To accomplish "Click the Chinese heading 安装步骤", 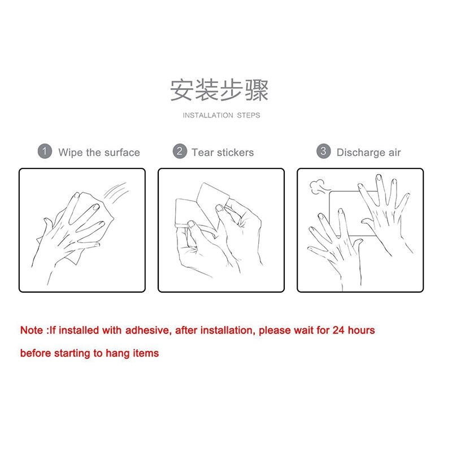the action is [x=219, y=90].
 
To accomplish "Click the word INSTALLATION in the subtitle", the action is [x=208, y=115].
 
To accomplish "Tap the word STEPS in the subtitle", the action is [x=249, y=115].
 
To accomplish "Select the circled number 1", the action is [x=45, y=151].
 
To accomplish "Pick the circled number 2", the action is [x=180, y=151].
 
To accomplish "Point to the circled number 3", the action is [x=323, y=151].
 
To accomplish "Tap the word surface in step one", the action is [x=122, y=153].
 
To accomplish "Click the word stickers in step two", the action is [x=236, y=153].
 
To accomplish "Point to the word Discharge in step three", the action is [x=361, y=153].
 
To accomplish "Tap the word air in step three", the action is [x=394, y=153].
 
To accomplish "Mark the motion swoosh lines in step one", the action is [x=116, y=191].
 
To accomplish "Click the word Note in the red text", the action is [x=32, y=331].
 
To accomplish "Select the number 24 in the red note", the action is [x=338, y=331].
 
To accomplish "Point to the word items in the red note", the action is [x=146, y=353].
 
